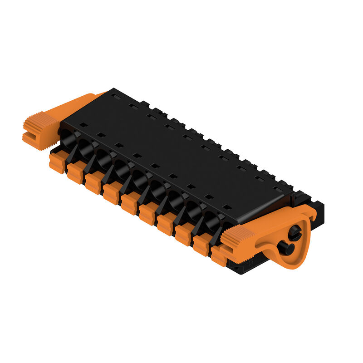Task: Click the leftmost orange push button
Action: (57, 162)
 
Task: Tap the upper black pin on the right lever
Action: (294, 232)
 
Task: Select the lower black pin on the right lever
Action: (285, 248)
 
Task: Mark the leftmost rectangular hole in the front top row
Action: (83, 124)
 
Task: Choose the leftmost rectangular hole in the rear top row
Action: (116, 97)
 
